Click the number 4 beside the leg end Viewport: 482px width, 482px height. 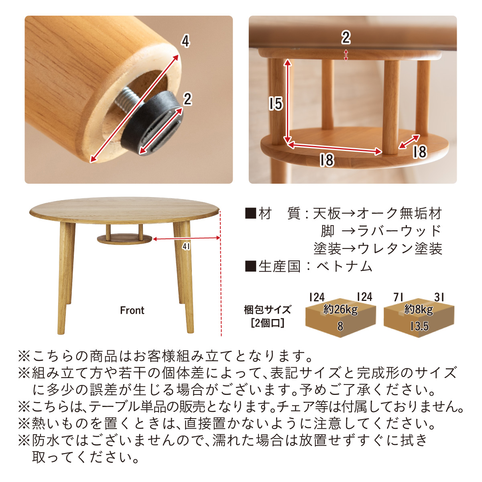pyautogui.click(x=185, y=41)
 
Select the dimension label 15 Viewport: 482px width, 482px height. pyautogui.click(x=276, y=104)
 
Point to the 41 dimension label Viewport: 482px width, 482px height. pyautogui.click(x=186, y=247)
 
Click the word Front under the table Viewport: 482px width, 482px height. pyautogui.click(x=132, y=310)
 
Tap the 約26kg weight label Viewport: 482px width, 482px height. pyautogui.click(x=340, y=310)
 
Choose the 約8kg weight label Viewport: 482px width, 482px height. pyautogui.click(x=419, y=310)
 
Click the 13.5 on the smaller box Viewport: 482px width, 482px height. pyautogui.click(x=419, y=326)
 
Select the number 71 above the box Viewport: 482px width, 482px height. pyautogui.click(x=398, y=297)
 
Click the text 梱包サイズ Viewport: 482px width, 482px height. pyautogui.click(x=267, y=310)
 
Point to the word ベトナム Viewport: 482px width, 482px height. pyautogui.click(x=344, y=266)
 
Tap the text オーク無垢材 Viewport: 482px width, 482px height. pyautogui.click(x=399, y=214)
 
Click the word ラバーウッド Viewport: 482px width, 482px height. pyautogui.click(x=399, y=231)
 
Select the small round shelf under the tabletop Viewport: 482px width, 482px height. pyautogui.click(x=124, y=239)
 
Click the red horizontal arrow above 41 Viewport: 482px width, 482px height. pyautogui.click(x=186, y=239)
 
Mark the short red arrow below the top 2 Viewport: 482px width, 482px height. pyautogui.click(x=346, y=55)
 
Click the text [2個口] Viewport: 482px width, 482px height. pyautogui.click(x=268, y=323)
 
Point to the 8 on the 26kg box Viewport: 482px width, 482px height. pyautogui.click(x=340, y=326)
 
